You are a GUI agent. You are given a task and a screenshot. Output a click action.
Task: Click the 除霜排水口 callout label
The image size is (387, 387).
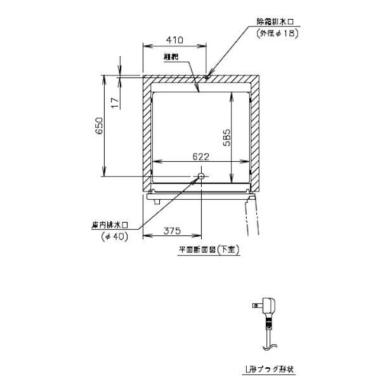(273, 22)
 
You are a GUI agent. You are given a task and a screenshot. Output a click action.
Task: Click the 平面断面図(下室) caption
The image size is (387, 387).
(207, 251)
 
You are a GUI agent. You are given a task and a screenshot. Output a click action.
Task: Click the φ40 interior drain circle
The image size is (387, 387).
(200, 176)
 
